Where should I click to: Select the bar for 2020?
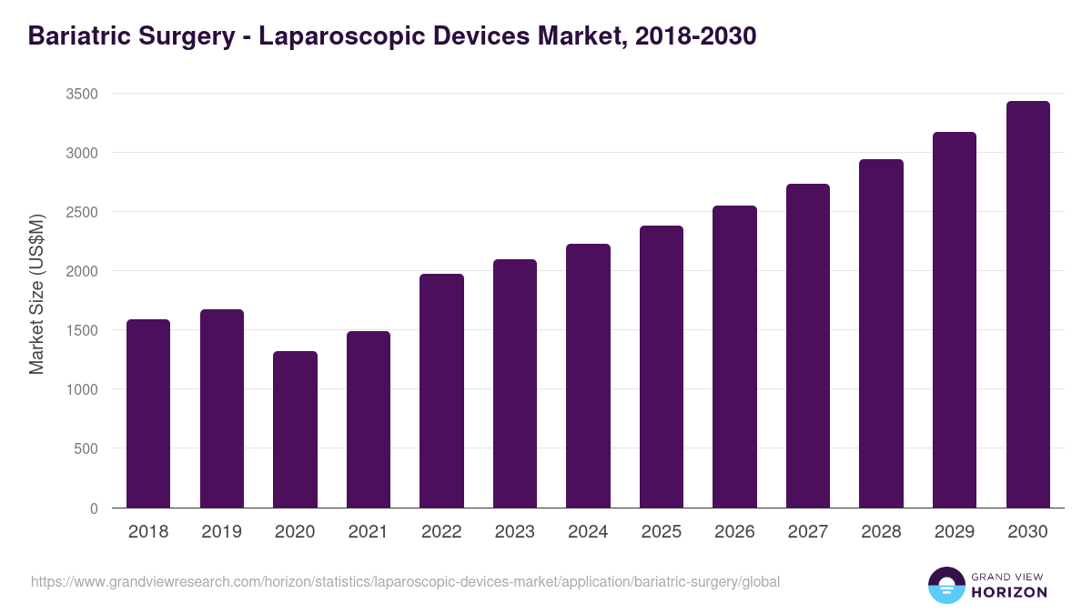point(295,429)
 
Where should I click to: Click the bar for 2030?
point(1027,305)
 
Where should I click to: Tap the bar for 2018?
point(148,414)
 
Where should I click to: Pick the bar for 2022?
point(441,391)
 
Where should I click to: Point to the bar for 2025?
point(662,367)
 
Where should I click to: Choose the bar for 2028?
point(881,334)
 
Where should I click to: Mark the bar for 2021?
point(369,419)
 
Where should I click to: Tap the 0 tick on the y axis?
point(94,508)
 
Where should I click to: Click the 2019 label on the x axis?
point(221,532)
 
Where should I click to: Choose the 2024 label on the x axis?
point(588,532)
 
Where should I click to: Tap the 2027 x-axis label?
point(807,532)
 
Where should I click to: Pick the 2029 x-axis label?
point(955,532)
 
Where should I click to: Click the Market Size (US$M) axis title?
point(36,295)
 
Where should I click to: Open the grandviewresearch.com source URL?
point(405,581)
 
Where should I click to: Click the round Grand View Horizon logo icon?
point(946,585)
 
